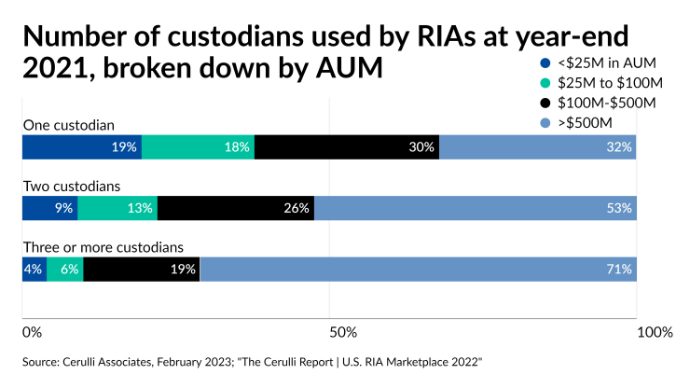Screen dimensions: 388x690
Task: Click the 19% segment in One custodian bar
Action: (82, 147)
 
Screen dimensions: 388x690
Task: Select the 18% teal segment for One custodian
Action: (198, 147)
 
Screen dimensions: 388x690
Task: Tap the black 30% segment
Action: (347, 147)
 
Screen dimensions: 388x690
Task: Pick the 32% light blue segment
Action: (537, 147)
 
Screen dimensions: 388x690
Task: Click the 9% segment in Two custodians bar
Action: (50, 208)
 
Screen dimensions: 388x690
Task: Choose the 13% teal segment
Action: (117, 208)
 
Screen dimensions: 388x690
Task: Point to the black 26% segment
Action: (236, 208)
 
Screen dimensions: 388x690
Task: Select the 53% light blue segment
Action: (476, 208)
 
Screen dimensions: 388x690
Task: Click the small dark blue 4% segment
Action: (34, 270)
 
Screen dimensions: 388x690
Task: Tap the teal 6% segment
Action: (65, 270)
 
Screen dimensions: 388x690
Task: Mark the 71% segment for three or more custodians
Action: (419, 270)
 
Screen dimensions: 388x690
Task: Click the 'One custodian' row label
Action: (68, 125)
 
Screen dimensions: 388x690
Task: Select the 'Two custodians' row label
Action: (72, 186)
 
